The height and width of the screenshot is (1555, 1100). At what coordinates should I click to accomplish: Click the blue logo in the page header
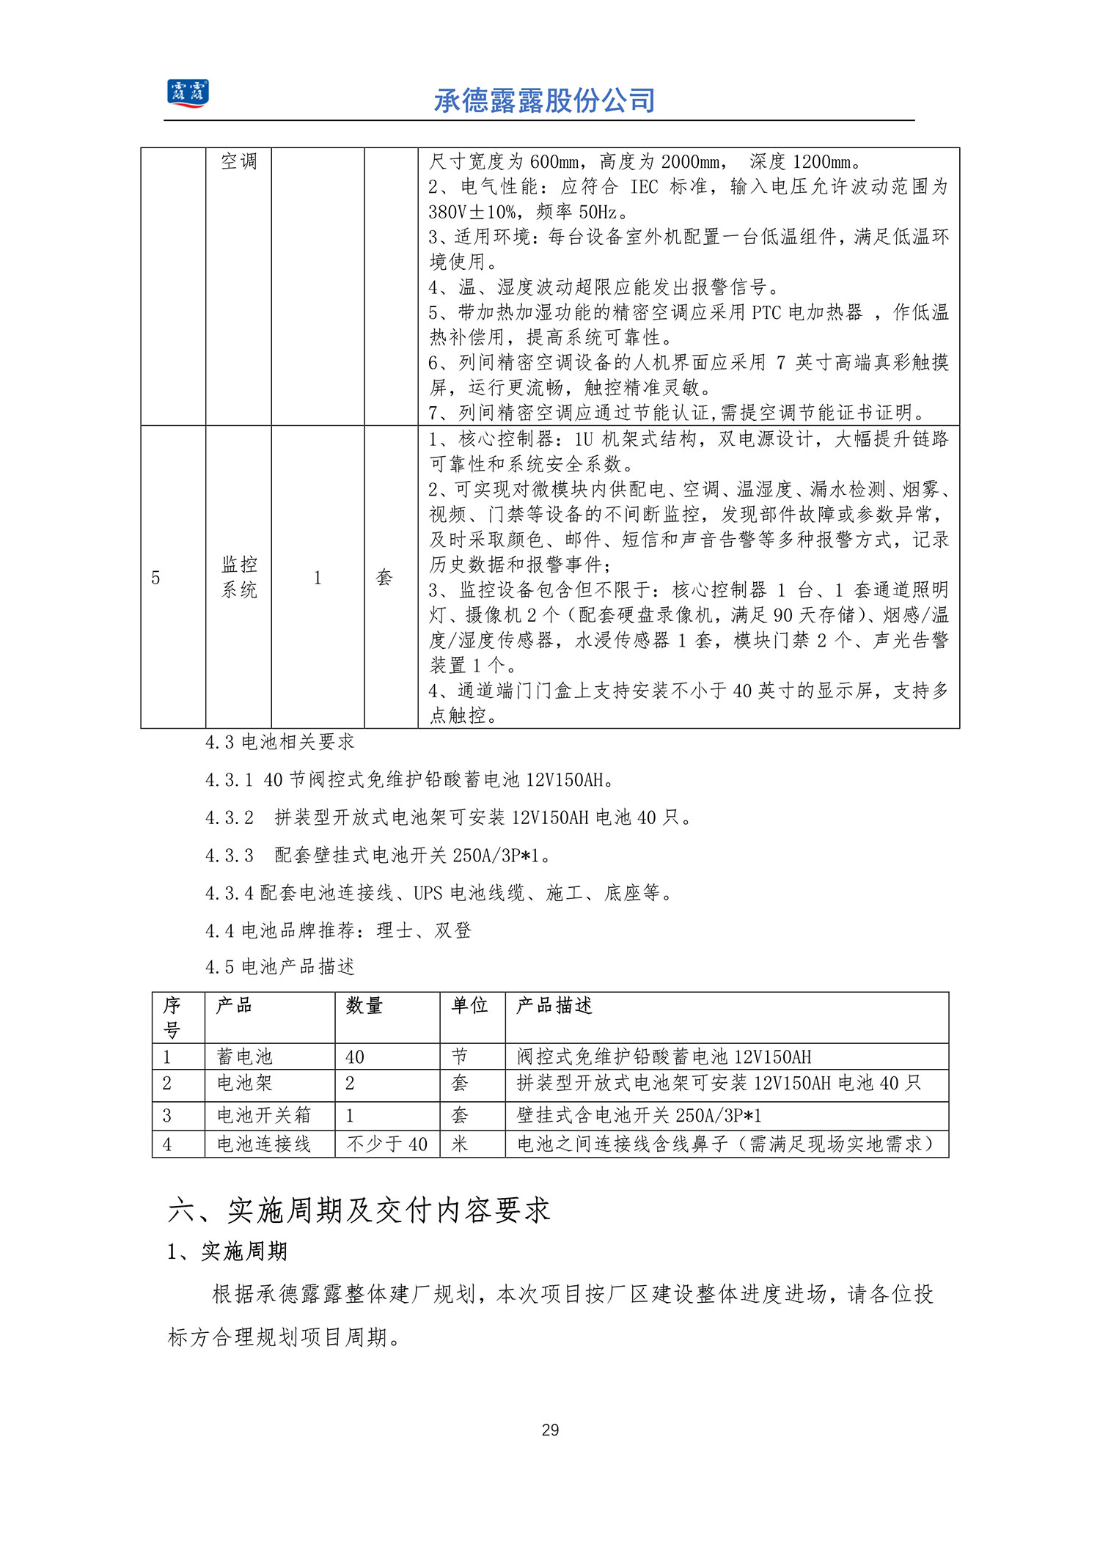(x=188, y=94)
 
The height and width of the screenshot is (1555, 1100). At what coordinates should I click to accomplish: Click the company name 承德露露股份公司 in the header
(x=544, y=100)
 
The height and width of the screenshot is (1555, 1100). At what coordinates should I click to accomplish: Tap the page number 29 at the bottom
(x=550, y=1429)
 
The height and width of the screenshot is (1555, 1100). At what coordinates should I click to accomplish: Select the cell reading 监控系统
(x=239, y=577)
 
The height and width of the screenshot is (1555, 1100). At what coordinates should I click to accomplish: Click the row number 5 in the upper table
(x=155, y=578)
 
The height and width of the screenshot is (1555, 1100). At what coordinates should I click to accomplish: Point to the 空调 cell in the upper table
(x=239, y=161)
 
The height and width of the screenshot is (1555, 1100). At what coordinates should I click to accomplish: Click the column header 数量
(x=364, y=1005)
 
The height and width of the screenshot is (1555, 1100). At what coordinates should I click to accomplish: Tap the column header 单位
(x=469, y=1005)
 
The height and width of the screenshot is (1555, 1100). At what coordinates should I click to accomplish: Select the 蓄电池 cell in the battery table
(x=244, y=1056)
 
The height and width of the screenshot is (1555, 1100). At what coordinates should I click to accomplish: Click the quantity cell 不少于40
(x=386, y=1144)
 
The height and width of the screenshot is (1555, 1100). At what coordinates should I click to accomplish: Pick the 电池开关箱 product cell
(x=264, y=1115)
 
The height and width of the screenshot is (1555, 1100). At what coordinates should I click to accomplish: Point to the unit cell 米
(x=460, y=1144)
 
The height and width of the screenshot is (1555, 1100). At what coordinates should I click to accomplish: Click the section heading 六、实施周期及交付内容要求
(x=359, y=1210)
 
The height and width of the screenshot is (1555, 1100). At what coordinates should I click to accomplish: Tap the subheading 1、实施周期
(x=227, y=1251)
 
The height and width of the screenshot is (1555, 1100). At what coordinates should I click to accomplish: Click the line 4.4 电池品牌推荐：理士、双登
(x=338, y=930)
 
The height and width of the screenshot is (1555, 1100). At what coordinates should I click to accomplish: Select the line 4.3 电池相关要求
(x=280, y=742)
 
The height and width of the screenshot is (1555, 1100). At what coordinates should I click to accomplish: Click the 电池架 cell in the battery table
(x=244, y=1083)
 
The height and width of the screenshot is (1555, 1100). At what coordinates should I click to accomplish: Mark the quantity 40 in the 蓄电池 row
(x=355, y=1056)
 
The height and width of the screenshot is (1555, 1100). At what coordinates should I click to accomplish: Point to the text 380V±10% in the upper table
(x=472, y=212)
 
